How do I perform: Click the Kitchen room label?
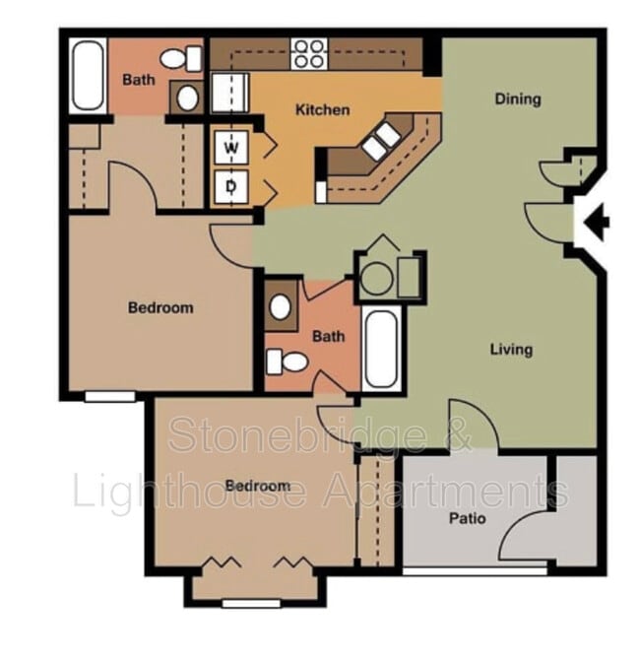[x=322, y=109]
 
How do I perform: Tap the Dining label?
[x=518, y=99]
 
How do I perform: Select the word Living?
[x=512, y=349]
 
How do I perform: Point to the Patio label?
[x=467, y=518]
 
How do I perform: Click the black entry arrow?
[x=596, y=222]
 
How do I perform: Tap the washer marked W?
[x=232, y=148]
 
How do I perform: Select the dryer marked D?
[x=232, y=184]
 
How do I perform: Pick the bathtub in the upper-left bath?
[x=88, y=76]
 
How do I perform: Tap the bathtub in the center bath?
[x=382, y=350]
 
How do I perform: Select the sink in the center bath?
[x=281, y=307]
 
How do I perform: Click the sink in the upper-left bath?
[x=185, y=97]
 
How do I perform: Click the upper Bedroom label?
[x=160, y=307]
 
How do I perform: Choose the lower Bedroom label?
[x=257, y=486]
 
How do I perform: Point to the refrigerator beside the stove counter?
[x=234, y=94]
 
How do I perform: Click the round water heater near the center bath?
[x=377, y=279]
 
